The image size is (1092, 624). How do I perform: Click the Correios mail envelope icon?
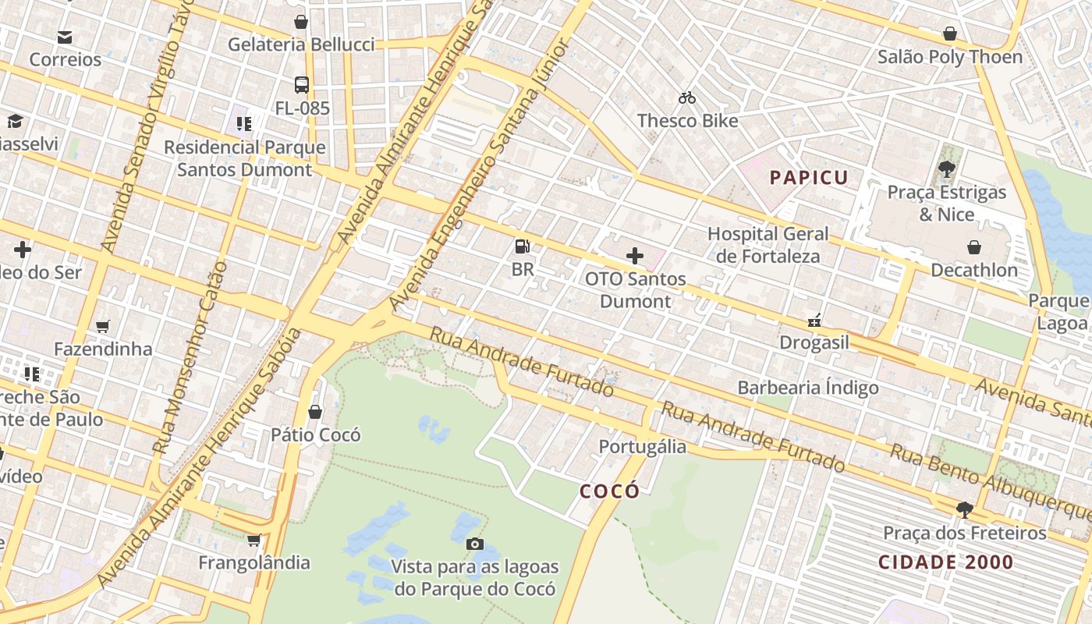coord(65,37)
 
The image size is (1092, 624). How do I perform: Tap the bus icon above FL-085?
coord(302,85)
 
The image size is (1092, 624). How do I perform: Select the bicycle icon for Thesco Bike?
coord(687,97)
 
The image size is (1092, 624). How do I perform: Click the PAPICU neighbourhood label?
coord(809,178)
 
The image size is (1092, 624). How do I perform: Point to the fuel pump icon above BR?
coord(523,246)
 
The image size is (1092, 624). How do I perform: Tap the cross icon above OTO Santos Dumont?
coord(635,255)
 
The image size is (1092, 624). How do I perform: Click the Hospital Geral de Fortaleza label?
coord(768,245)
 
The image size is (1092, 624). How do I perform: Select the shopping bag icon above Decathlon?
coord(974,247)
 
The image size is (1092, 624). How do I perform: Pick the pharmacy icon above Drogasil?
coord(814,320)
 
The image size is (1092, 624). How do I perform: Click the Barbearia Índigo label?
coord(808,388)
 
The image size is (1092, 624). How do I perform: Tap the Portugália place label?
coord(643,446)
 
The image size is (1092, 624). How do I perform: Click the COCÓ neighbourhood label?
coord(609,491)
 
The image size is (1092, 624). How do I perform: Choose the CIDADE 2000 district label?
coord(945,562)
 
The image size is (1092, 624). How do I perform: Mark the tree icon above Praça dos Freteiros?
coord(965,510)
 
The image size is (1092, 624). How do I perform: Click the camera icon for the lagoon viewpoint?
coord(474,544)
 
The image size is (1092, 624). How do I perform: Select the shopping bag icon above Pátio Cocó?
coord(315,411)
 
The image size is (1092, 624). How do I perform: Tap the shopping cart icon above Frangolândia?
coord(254,540)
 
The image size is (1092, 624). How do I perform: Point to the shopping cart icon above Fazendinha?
coord(103,325)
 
